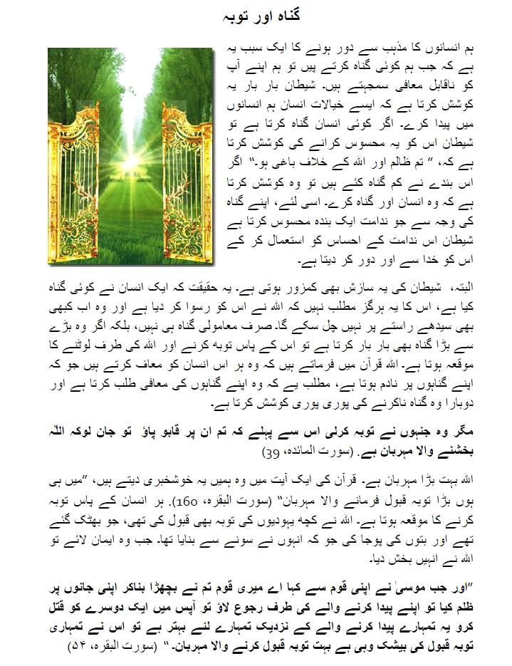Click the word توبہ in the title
click(232, 15)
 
